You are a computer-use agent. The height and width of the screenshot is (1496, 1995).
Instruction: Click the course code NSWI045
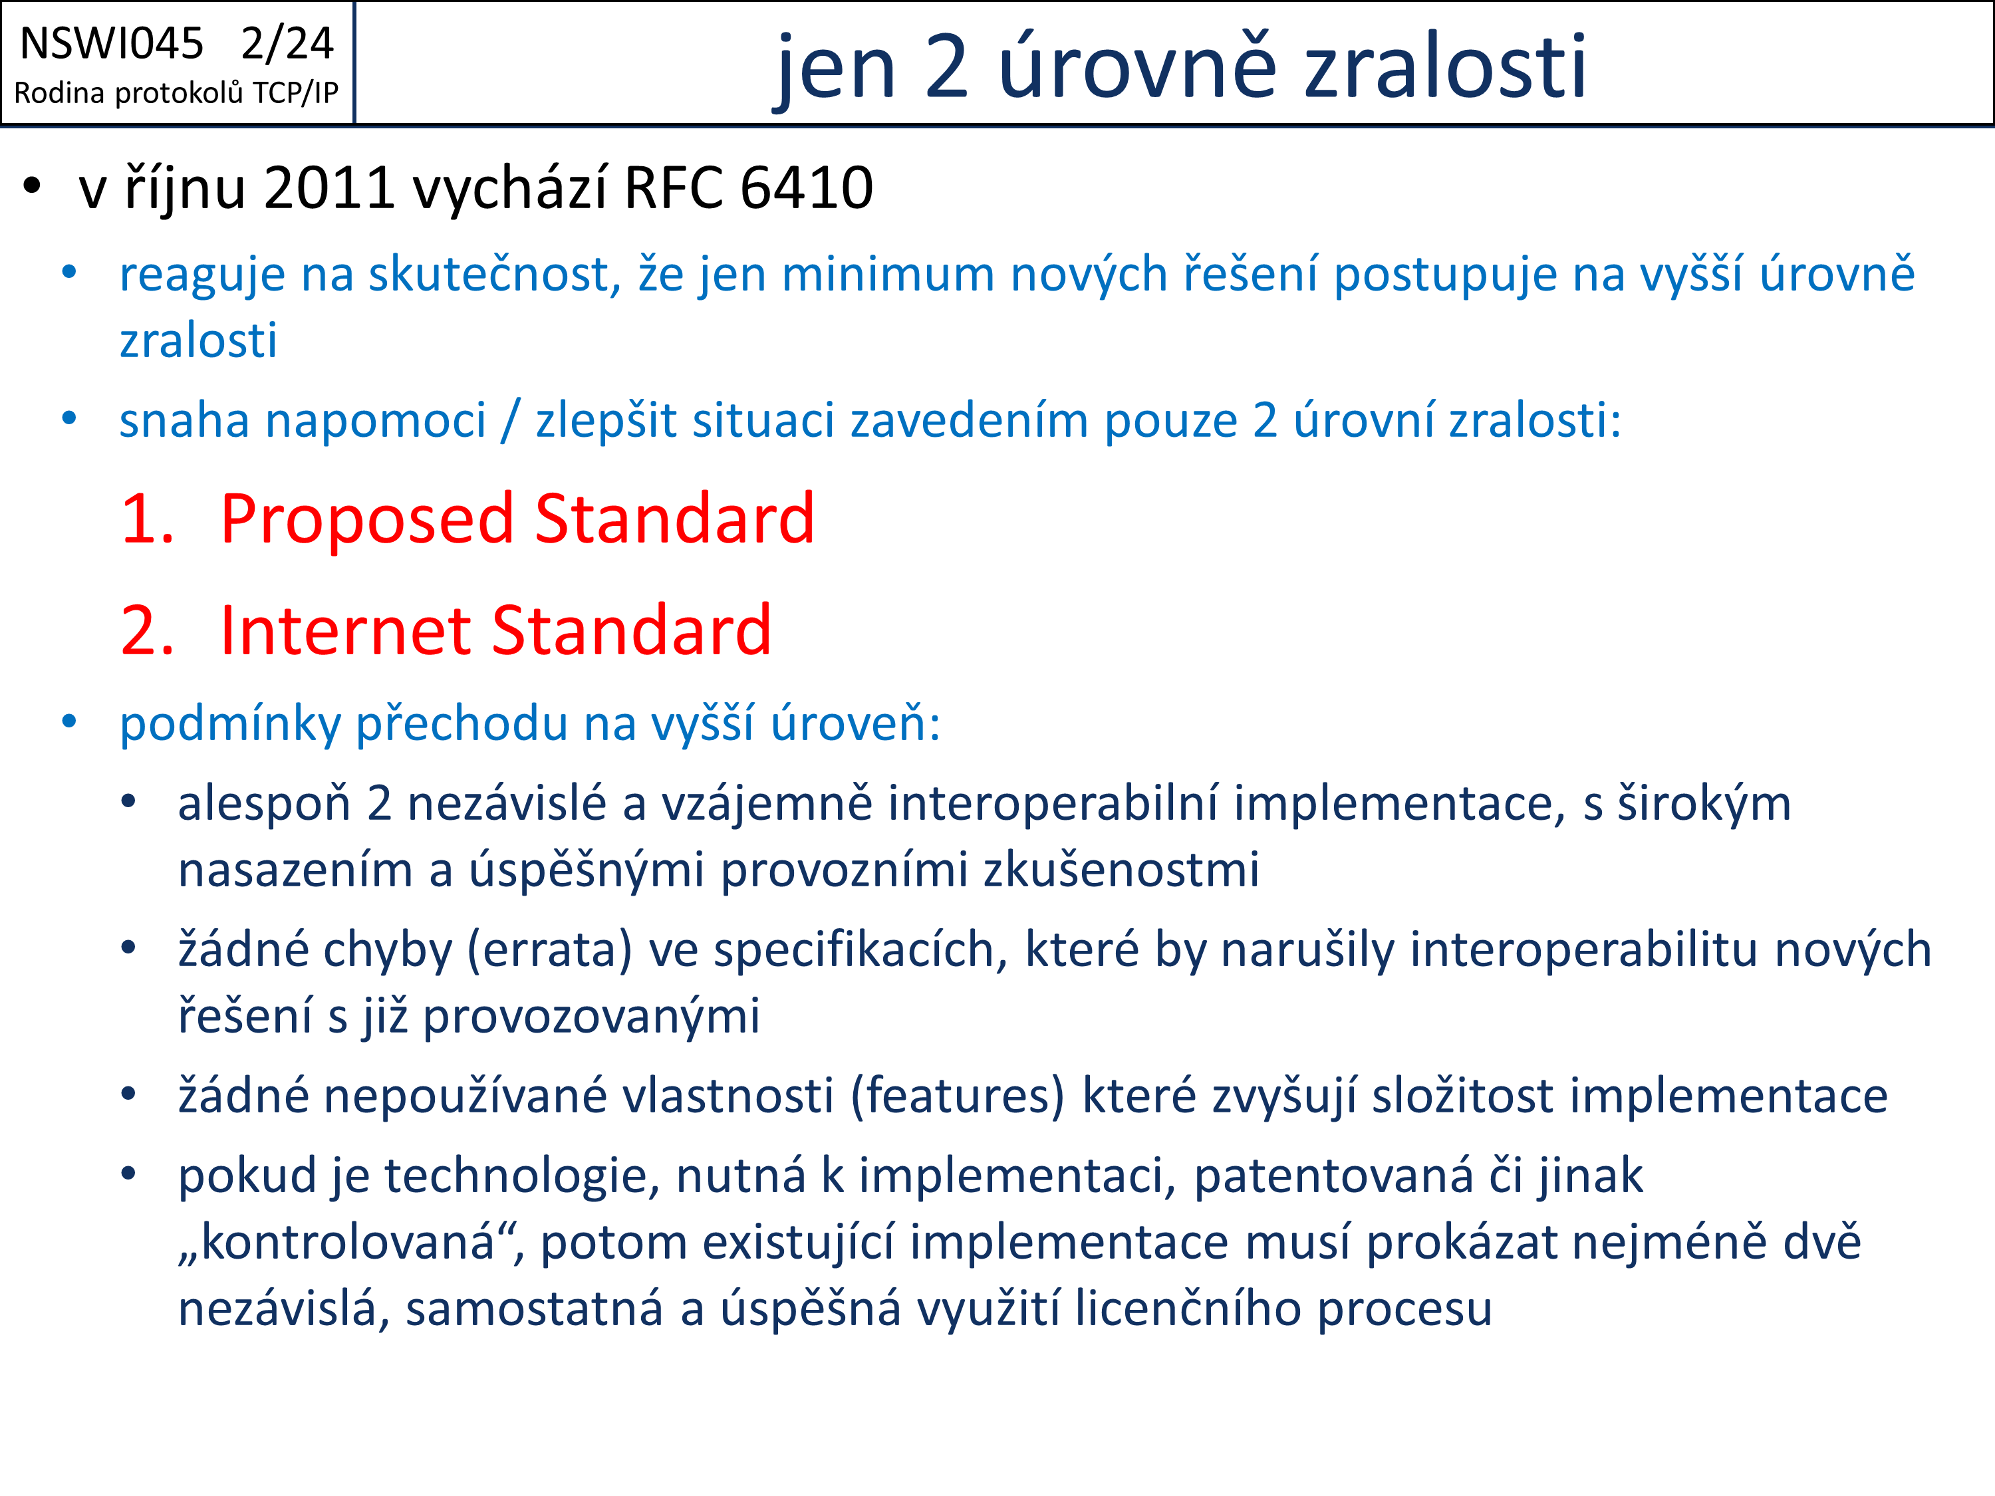pos(112,43)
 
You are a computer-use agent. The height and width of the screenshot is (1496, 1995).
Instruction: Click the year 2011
pos(329,187)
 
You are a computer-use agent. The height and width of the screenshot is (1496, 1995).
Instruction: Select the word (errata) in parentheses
pos(549,950)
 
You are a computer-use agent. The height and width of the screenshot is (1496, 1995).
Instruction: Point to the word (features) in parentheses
pos(958,1096)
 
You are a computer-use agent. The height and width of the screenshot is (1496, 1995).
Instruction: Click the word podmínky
pos(230,724)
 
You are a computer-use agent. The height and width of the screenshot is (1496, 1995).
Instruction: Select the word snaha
pos(184,421)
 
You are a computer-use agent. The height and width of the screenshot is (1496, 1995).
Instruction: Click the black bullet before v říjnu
pos(33,185)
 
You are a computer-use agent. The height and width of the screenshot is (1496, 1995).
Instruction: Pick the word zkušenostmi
pos(1121,870)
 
